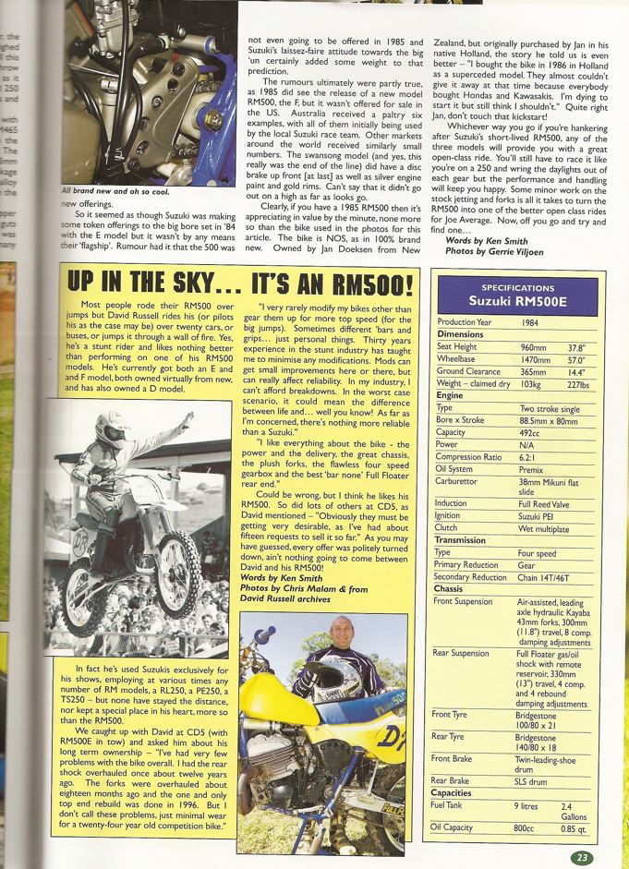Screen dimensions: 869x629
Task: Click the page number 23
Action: pos(581,857)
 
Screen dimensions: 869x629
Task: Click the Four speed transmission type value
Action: pos(538,552)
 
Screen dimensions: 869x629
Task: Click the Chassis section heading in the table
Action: pos(448,588)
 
